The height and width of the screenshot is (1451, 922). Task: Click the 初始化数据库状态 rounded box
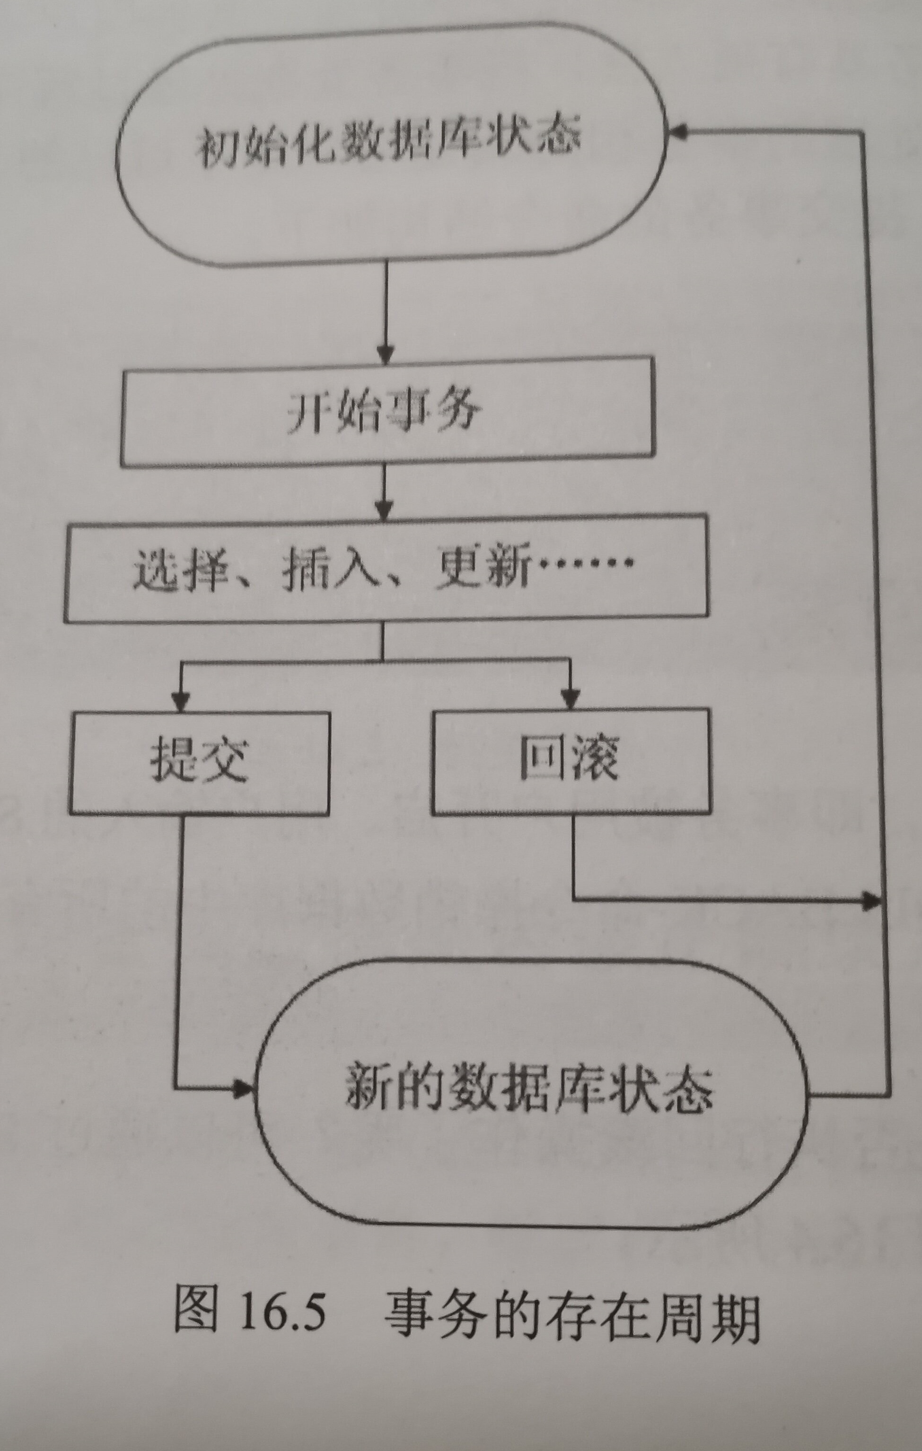coord(389,145)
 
